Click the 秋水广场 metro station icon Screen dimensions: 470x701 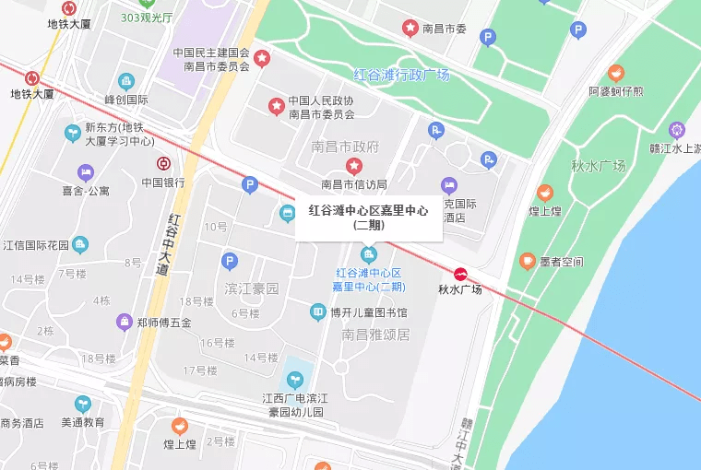(459, 273)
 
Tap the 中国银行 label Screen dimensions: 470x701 (163, 182)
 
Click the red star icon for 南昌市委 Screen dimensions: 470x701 (410, 29)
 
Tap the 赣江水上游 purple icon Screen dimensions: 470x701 (678, 130)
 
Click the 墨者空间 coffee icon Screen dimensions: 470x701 (528, 261)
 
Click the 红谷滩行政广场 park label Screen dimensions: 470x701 (401, 75)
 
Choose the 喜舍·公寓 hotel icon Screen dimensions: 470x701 (85, 172)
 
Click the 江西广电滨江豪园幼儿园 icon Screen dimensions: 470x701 (295, 379)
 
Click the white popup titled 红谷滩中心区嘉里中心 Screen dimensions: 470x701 (368, 217)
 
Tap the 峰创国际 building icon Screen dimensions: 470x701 (126, 82)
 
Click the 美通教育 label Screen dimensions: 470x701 (82, 423)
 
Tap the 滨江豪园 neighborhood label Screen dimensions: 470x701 (251, 288)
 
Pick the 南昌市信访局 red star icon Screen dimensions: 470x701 (353, 166)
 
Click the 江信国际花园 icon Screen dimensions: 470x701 (81, 244)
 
